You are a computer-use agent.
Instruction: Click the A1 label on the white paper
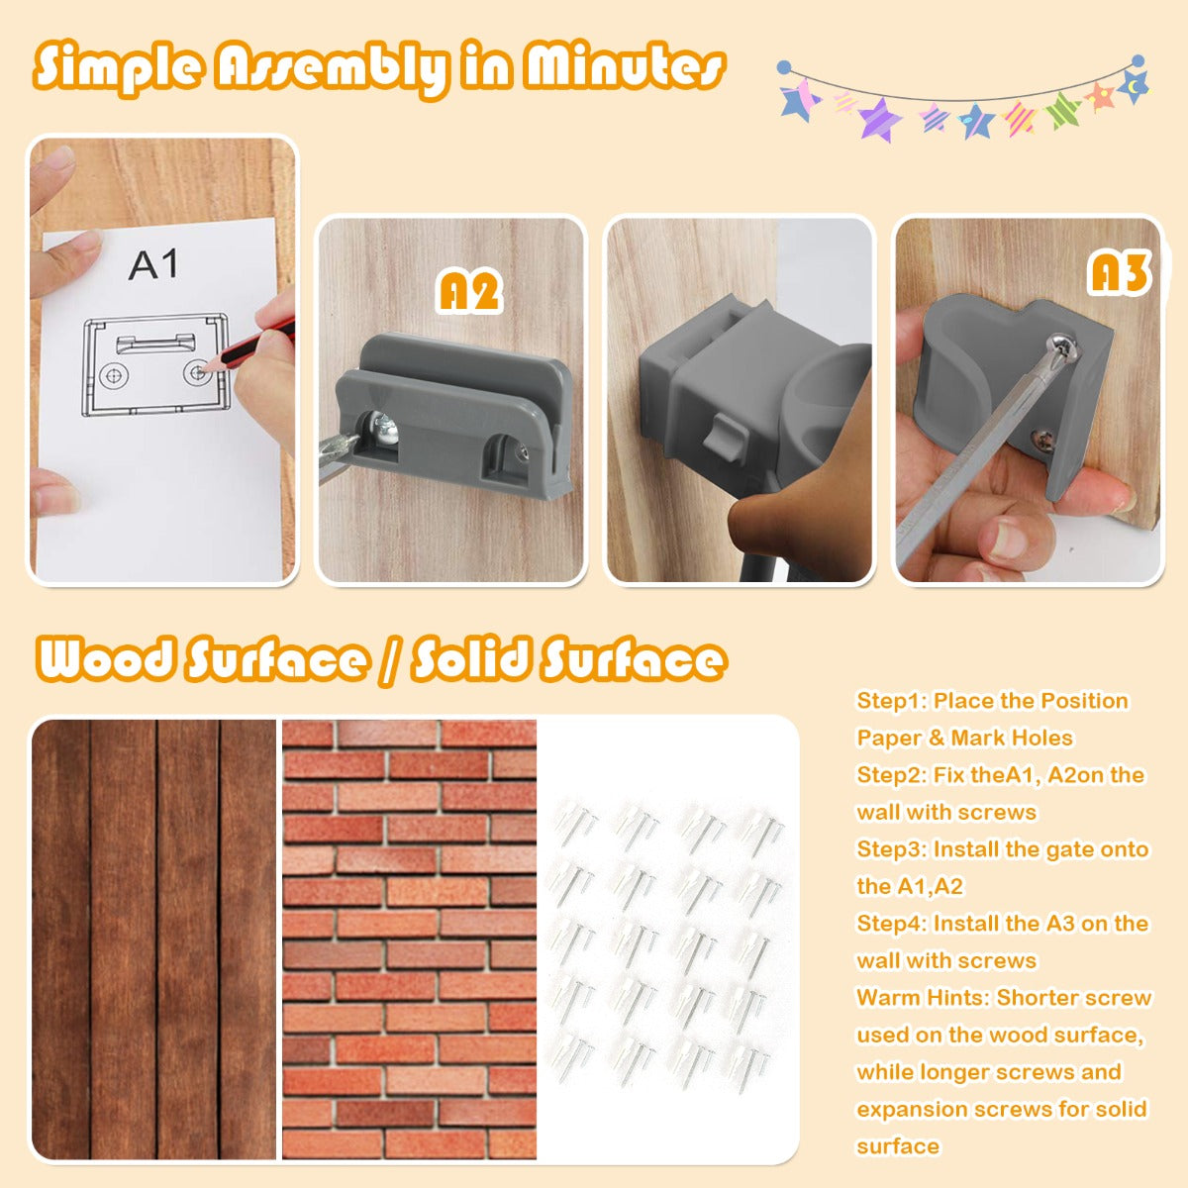(152, 264)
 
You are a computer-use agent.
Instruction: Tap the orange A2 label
(469, 292)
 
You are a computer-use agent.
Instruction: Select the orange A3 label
(1119, 272)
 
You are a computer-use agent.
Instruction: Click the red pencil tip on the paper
(206, 367)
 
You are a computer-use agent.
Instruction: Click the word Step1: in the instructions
(892, 701)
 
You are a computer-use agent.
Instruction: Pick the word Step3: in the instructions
(892, 849)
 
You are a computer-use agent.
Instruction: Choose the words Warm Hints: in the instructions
(923, 998)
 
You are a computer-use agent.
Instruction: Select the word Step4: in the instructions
(892, 924)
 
